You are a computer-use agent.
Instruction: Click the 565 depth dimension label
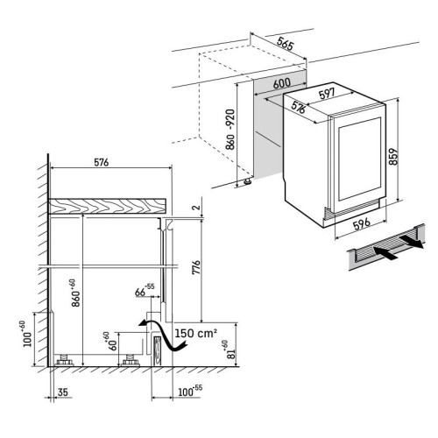coord(285,44)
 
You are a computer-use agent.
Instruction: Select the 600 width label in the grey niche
coord(282,84)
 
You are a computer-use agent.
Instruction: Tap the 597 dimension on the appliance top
coord(327,94)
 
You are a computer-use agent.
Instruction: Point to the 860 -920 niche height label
coord(230,130)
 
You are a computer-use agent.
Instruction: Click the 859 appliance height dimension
coord(393,157)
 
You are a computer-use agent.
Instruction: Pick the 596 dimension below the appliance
coord(362,224)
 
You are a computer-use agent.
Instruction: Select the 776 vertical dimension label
coord(196,267)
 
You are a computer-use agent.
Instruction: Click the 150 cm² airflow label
coord(196,333)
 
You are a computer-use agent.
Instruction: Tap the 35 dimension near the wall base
coord(63,392)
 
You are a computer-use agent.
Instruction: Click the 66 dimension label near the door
coord(145,290)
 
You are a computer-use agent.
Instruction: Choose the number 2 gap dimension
coord(197,208)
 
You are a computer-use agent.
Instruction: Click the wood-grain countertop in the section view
coord(107,205)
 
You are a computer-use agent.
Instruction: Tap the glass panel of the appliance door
coord(360,159)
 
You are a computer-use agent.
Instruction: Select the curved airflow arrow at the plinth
coord(163,335)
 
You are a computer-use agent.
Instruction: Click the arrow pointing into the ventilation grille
coord(385,252)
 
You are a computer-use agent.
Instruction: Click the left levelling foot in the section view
coord(65,360)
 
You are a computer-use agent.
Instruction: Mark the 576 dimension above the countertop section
coord(102,162)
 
